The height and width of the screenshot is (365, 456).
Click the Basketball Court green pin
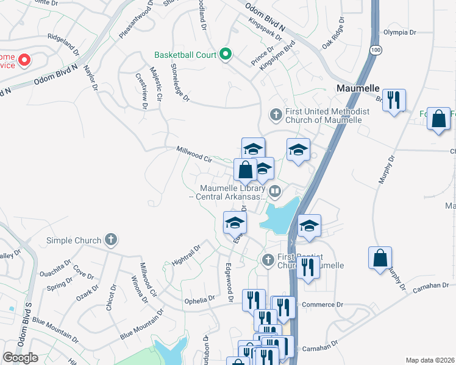click(225, 55)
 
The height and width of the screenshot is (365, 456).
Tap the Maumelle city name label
click(358, 88)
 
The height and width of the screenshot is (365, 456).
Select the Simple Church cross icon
click(110, 239)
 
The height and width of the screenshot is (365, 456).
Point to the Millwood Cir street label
click(194, 153)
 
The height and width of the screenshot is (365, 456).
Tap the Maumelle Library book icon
click(276, 192)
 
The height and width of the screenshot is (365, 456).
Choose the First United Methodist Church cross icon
click(276, 114)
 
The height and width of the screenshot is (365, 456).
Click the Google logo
click(20, 358)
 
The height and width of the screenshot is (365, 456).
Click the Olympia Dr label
click(399, 32)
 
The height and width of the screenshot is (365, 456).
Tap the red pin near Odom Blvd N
click(24, 60)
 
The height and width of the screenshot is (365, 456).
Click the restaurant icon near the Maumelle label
click(394, 100)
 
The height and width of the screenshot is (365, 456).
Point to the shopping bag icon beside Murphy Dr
click(380, 257)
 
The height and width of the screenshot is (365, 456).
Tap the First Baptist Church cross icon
click(267, 260)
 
